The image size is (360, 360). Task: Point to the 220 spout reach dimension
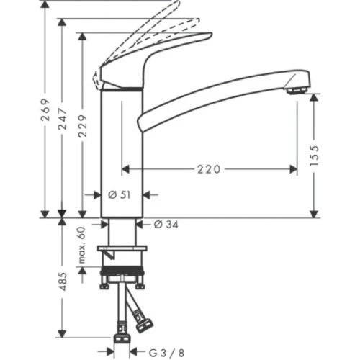(x=209, y=168)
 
